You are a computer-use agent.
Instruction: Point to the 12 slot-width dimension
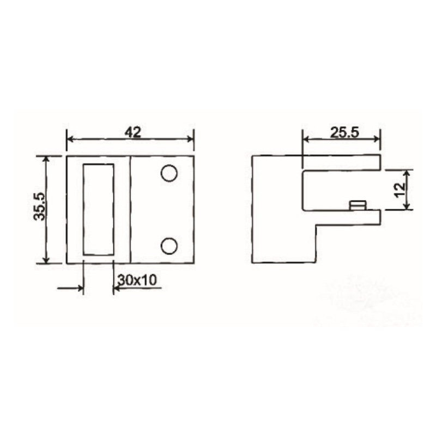coord(399,189)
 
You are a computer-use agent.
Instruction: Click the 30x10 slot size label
coord(137,280)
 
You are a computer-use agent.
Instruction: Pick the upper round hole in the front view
coord(169,173)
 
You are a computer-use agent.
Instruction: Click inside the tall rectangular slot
coord(99,209)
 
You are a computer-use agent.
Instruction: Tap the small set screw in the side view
coord(358,205)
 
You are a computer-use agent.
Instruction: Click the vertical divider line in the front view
coord(130,209)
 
